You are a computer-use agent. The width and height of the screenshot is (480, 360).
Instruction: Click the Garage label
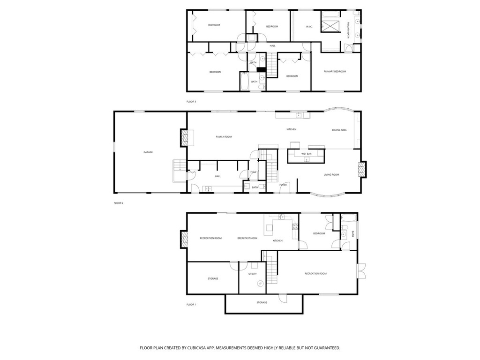coord(148,152)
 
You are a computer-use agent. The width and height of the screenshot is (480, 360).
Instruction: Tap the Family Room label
coord(224,137)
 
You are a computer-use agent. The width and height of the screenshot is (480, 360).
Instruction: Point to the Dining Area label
coord(339,130)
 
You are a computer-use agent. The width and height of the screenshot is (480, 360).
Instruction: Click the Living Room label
coord(331,175)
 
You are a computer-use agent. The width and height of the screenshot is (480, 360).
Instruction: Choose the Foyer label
coord(283,185)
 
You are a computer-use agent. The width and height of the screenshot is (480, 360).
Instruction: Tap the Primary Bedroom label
coord(335,71)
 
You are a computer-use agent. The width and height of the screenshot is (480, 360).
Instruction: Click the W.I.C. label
coord(309,26)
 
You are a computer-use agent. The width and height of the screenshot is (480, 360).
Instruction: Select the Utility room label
coord(253,273)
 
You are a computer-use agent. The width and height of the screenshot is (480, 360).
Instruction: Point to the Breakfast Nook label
coord(247,238)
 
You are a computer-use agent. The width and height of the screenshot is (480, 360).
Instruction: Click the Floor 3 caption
coord(191,102)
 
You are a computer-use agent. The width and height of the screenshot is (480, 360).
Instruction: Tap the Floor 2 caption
coord(119,203)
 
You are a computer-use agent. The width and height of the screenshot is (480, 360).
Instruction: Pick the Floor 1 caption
coord(191,305)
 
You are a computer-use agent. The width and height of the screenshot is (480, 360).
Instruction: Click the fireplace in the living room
coord(362,169)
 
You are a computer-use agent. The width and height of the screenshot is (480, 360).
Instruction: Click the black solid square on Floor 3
coord(261,70)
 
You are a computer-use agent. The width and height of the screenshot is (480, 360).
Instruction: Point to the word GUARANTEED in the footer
coord(325,348)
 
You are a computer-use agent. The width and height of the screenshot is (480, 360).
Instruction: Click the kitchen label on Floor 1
coord(277,241)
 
